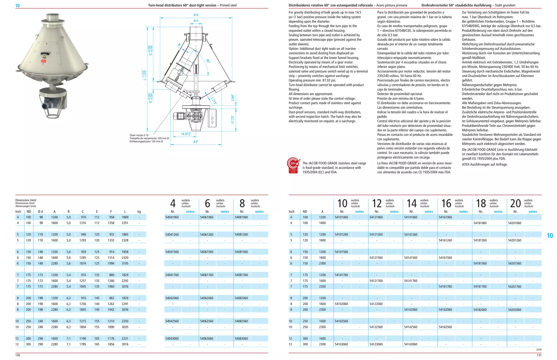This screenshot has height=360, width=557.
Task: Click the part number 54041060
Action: pos(172,217)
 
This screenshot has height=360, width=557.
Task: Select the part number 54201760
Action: pos(515,287)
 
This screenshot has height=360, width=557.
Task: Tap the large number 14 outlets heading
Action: pos(411,204)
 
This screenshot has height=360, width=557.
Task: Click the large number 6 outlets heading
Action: pos(208,204)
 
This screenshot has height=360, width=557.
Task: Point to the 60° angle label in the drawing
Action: pos(208,61)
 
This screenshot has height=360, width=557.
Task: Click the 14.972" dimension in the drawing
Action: pos(186,134)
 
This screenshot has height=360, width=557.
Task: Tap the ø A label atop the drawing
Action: pos(196,15)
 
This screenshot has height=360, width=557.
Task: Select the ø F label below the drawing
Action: pos(196,142)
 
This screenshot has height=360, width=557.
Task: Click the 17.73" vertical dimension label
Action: pos(233,119)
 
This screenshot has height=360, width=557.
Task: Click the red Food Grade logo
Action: pos(293,165)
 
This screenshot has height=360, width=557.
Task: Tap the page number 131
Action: pos(539,355)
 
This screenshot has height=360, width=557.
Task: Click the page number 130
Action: pos(18,355)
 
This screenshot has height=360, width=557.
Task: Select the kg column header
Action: pos(139,211)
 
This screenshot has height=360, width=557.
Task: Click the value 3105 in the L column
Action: pos(125,263)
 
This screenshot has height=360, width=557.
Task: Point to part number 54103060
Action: pos(341,344)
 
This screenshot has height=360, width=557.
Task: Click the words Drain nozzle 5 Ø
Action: pos(139,135)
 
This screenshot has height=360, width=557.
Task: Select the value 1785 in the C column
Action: pos(83,344)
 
